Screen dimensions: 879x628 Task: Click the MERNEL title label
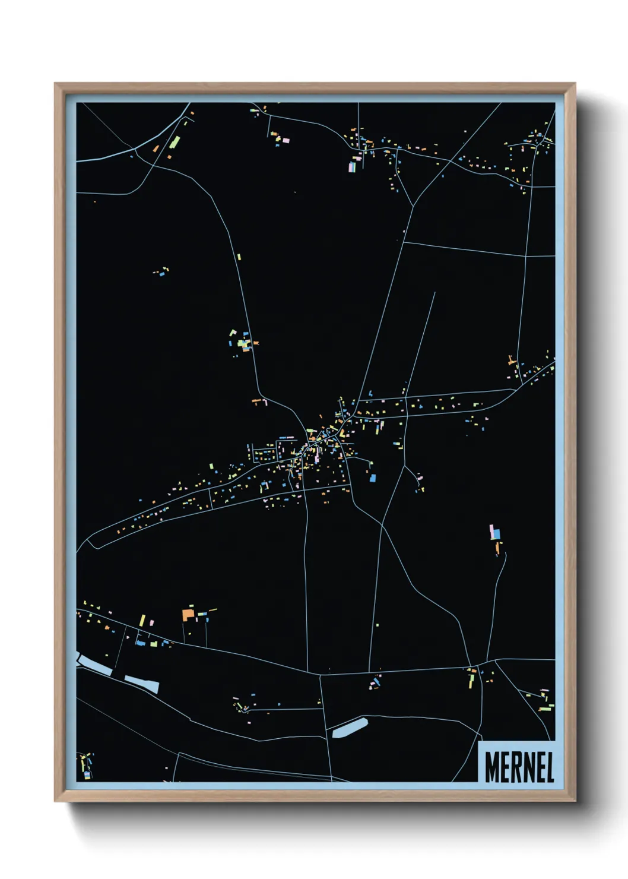[519, 767]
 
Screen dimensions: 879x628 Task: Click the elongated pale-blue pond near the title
[350, 728]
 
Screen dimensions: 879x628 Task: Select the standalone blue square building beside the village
[373, 477]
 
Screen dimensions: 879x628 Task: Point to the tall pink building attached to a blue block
[492, 531]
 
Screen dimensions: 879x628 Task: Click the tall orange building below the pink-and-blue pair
[497, 548]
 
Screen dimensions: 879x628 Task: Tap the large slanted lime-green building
[176, 141]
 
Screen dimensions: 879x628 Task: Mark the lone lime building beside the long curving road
[240, 257]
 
